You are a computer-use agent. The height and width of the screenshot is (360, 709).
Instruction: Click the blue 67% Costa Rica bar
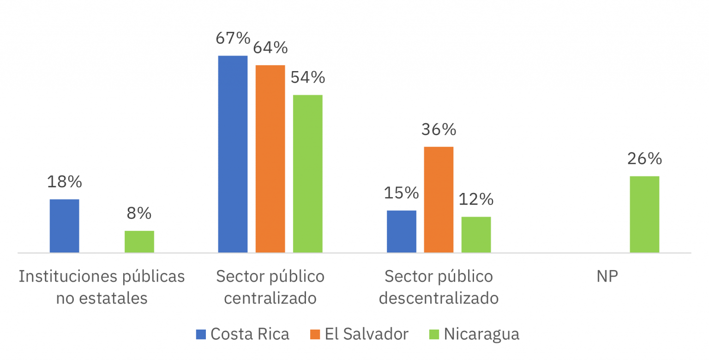pyautogui.click(x=233, y=154)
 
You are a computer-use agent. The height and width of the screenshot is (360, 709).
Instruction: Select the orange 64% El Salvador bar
pyautogui.click(x=270, y=159)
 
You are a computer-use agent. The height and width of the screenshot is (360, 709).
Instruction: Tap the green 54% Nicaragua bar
pyautogui.click(x=307, y=174)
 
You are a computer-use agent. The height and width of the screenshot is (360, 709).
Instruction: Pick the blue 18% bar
pyautogui.click(x=64, y=226)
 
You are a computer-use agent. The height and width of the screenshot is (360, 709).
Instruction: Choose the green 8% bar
pyautogui.click(x=139, y=241)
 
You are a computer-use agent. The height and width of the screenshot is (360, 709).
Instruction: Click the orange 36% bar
pyautogui.click(x=439, y=199)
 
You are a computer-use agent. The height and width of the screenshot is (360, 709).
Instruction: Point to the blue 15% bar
pyautogui.click(x=401, y=231)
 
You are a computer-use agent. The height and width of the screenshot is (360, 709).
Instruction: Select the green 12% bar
pyautogui.click(x=476, y=234)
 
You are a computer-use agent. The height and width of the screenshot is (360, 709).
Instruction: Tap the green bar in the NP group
pyautogui.click(x=644, y=214)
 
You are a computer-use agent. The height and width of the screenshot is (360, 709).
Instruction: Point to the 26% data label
pyautogui.click(x=644, y=159)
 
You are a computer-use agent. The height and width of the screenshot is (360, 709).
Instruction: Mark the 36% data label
pyautogui.click(x=439, y=130)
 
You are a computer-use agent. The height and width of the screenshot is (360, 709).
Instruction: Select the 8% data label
pyautogui.click(x=139, y=213)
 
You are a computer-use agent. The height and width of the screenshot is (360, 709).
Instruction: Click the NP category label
pyautogui.click(x=607, y=276)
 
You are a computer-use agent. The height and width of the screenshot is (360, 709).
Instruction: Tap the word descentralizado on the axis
pyautogui.click(x=439, y=298)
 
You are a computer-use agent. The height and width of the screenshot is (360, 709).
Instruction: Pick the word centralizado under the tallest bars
pyautogui.click(x=270, y=298)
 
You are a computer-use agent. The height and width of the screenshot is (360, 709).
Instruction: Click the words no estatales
pyautogui.click(x=102, y=298)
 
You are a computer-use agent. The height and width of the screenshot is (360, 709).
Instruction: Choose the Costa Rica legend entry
pyautogui.click(x=249, y=334)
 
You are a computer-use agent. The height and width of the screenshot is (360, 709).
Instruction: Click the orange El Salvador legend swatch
pyautogui.click(x=315, y=334)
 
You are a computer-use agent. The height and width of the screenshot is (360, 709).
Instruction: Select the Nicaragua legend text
pyautogui.click(x=481, y=334)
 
